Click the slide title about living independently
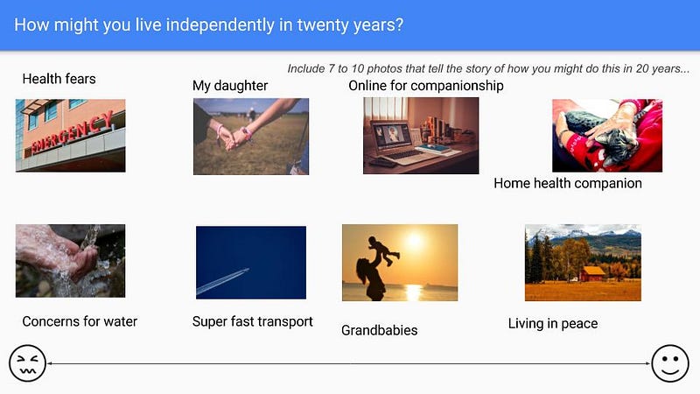point(208,25)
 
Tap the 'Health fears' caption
point(59,79)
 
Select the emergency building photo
point(71,136)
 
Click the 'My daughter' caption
point(230,86)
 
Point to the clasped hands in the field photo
point(234,138)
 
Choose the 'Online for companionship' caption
point(426,85)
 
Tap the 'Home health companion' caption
point(568,183)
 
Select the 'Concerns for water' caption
point(80,321)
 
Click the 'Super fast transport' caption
point(253,321)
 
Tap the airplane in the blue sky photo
point(243,271)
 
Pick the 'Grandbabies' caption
point(380,331)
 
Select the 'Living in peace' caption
point(553,323)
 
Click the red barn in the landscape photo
point(592,273)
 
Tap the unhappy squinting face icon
point(27,363)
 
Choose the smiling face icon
point(670,363)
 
